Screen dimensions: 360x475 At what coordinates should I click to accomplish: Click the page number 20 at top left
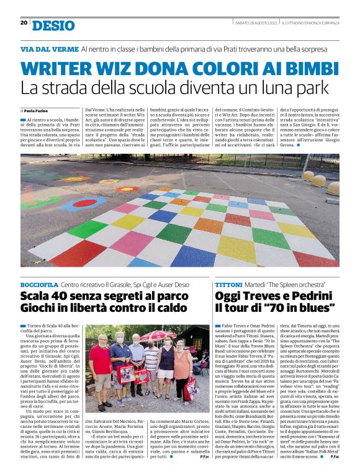[x=24, y=22]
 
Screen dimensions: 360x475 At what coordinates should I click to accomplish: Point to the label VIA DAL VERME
[x=48, y=48]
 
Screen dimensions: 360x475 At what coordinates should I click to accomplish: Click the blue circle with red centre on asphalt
[x=83, y=203]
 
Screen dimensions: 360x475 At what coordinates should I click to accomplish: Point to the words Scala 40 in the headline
[x=45, y=295]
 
